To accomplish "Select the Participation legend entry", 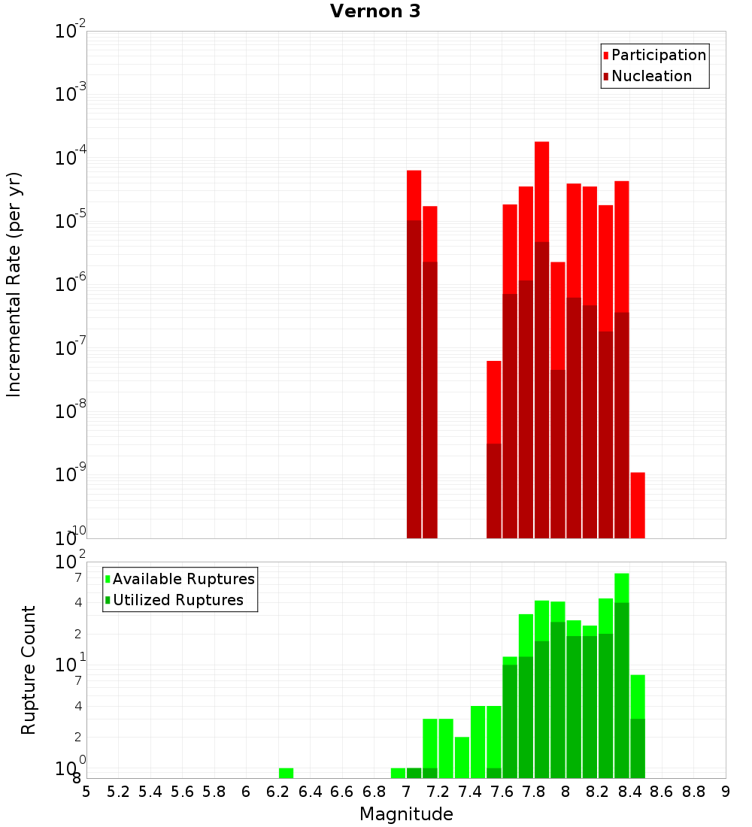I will pos(659,55).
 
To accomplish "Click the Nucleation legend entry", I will pos(651,76).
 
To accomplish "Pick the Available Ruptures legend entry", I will pos(183,579).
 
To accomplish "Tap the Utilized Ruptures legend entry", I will pos(177,600).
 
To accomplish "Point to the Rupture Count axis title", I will pos(29,670).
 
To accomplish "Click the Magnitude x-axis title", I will pos(406,814).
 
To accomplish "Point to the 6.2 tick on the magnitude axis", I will pos(278,792).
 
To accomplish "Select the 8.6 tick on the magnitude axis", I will pos(662,792).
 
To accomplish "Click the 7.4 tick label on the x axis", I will pos(470,792).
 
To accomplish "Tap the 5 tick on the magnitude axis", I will pos(86,792).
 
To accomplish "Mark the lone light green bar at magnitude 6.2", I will pos(286,773).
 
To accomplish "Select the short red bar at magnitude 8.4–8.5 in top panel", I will pos(638,504).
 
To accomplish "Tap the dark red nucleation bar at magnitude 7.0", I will pos(414,376).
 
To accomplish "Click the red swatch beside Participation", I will pos(605,56).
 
